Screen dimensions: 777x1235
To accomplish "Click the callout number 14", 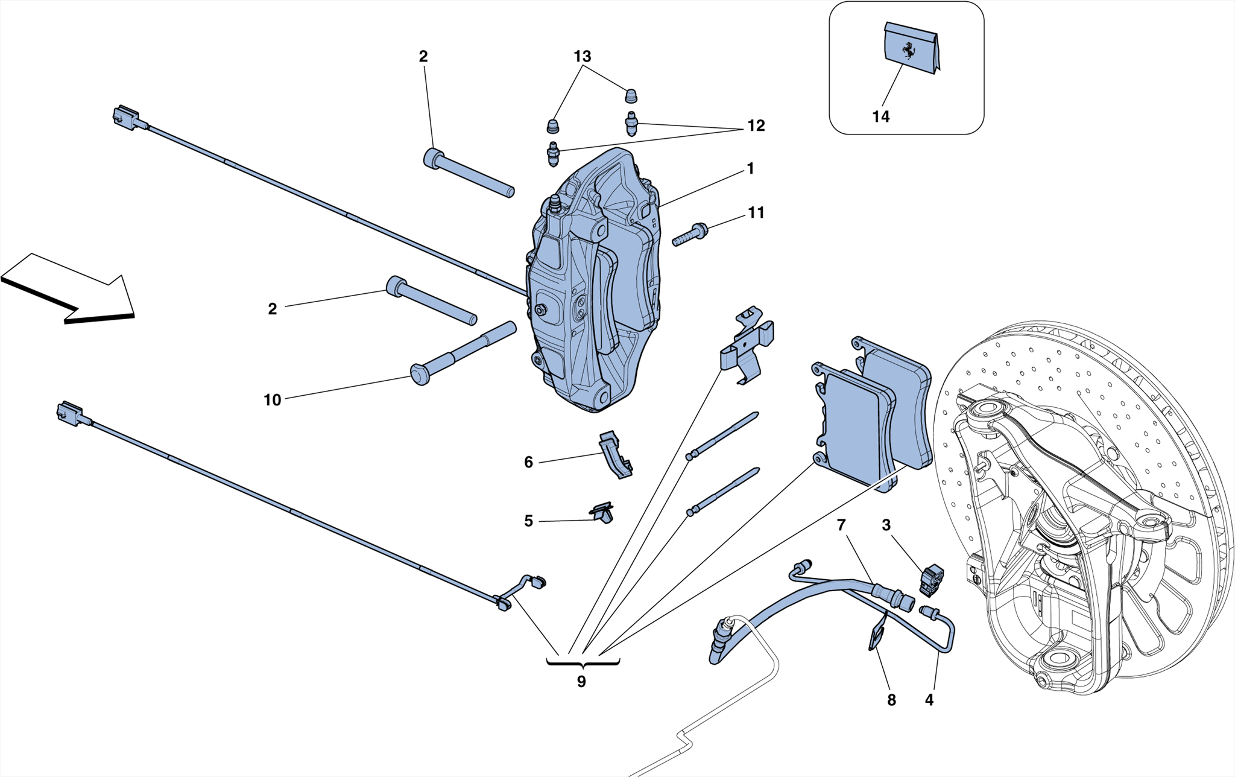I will (x=880, y=116).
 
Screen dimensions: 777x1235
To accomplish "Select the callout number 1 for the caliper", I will (x=750, y=168).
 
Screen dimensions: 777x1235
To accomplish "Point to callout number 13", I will (x=582, y=57).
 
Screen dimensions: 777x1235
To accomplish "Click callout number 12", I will (x=756, y=125).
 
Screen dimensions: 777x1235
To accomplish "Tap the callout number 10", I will (x=272, y=400).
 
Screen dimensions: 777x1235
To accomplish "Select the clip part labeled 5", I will (x=602, y=513).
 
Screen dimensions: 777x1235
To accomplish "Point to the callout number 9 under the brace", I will (x=581, y=682).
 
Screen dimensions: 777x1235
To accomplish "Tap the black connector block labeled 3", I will (x=931, y=580).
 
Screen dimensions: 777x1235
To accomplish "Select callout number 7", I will (x=841, y=525).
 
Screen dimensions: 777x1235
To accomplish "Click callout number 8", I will (x=891, y=700).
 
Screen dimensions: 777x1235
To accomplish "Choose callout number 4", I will (x=929, y=700).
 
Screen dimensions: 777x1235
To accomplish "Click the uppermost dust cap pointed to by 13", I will (x=631, y=96).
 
